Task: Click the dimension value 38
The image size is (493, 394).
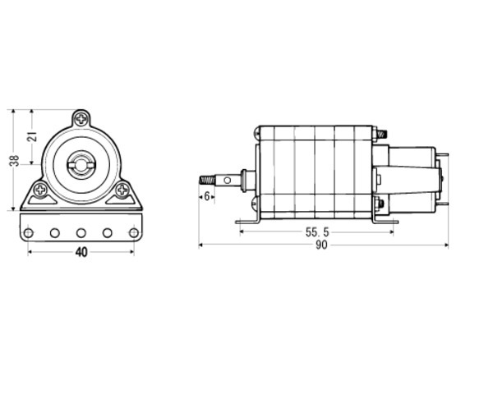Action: [15, 160]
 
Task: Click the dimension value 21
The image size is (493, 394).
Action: [32, 136]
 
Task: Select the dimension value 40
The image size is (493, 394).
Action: [81, 252]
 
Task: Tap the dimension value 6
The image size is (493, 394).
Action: [207, 196]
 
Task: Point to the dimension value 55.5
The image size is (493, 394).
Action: [317, 232]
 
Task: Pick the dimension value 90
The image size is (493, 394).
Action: [321, 245]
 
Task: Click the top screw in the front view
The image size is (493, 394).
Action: [81, 119]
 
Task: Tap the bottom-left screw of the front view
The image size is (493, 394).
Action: [40, 190]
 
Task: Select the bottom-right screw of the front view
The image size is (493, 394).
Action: [122, 190]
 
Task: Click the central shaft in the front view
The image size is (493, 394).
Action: [81, 165]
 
